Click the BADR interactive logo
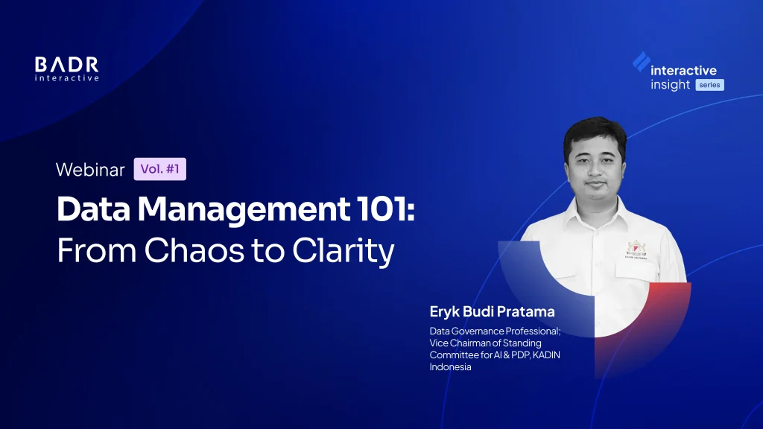pos(66,69)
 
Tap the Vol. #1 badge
pos(160,169)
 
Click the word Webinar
pos(90,169)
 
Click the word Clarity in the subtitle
pos(343,251)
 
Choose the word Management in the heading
pos(244,210)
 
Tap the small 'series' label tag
pos(709,85)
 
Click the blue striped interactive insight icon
pos(642,62)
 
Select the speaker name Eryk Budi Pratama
pos(492,311)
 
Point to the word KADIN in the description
pos(546,355)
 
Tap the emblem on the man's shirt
pos(636,250)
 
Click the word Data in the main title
pos(93,209)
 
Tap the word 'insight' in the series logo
pos(670,85)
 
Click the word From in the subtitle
pos(96,250)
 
